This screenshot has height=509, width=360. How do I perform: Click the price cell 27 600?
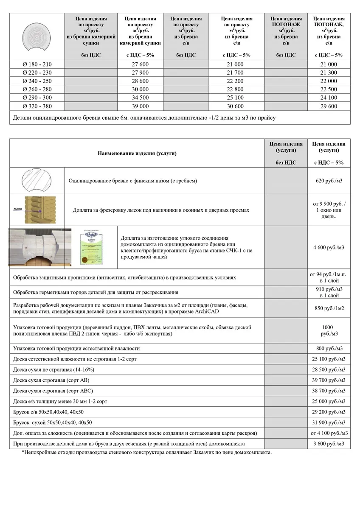tap(140, 64)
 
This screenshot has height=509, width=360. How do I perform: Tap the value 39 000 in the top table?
tap(140, 106)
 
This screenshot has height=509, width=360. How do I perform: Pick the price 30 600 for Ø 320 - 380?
tap(236, 106)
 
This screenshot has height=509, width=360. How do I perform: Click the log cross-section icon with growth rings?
tap(37, 36)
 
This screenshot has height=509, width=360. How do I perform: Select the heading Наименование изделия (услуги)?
tap(137, 154)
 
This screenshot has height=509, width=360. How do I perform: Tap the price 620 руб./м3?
tap(329, 181)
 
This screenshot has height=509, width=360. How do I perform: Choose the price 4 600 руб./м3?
tap(329, 247)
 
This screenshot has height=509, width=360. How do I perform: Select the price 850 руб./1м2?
tap(329, 308)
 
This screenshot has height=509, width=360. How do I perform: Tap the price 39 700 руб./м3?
tap(329, 380)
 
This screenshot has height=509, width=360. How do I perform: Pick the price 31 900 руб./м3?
tap(329, 422)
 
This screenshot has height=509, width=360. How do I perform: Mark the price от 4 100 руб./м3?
tap(329, 433)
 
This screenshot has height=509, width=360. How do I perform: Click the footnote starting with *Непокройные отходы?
tap(146, 452)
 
